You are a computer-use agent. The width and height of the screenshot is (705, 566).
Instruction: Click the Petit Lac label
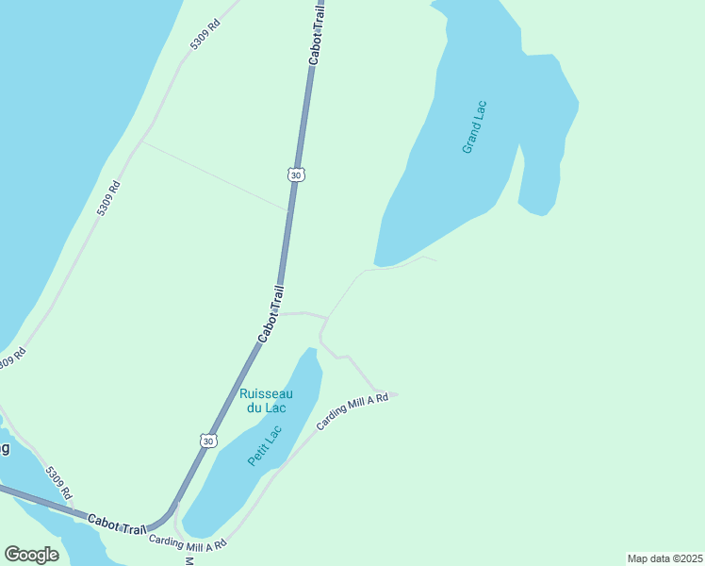(265, 445)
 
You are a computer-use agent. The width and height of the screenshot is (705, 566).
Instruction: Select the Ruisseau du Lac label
(266, 400)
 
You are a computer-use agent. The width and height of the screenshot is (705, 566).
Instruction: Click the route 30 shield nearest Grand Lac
(296, 175)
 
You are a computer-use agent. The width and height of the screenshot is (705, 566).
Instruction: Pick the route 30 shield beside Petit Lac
(208, 441)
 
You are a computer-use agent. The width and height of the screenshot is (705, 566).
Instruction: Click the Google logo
(32, 554)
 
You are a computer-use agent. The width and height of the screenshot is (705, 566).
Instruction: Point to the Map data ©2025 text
(664, 558)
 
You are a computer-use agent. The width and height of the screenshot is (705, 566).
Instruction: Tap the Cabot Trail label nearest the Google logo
(119, 522)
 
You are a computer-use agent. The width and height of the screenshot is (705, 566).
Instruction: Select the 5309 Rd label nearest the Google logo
(58, 483)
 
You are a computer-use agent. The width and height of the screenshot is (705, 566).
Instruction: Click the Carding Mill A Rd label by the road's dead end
(352, 412)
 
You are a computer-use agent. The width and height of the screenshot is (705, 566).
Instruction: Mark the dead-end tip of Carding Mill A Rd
(398, 394)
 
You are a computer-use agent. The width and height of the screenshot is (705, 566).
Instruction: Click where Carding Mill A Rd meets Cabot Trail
(176, 517)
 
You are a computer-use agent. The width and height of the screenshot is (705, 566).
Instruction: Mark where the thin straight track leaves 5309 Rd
(142, 141)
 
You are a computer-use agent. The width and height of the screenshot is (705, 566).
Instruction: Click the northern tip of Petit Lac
(310, 350)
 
